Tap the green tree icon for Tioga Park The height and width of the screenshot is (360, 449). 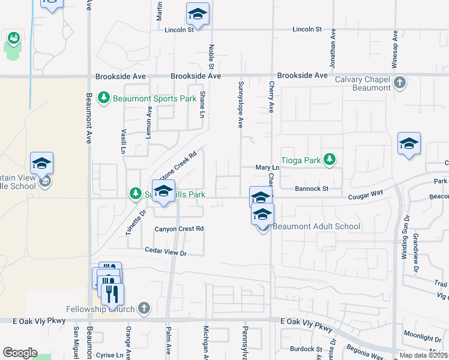click(329, 160)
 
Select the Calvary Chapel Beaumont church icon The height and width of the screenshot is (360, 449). click(400, 82)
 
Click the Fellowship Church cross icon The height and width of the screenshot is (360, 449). click(143, 308)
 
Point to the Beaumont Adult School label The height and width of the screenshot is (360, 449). click(316, 226)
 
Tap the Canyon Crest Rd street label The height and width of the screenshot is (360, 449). click(179, 229)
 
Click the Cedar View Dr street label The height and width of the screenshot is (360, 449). click(166, 253)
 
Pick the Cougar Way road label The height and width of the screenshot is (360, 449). click(366, 194)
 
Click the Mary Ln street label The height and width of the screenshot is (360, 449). click(268, 168)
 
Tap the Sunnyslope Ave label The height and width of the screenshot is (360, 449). click(240, 104)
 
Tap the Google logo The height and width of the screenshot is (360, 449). click(20, 353)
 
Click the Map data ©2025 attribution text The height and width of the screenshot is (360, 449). click(423, 355)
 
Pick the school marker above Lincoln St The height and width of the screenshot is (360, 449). click(197, 14)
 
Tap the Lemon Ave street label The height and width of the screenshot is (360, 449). click(149, 122)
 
